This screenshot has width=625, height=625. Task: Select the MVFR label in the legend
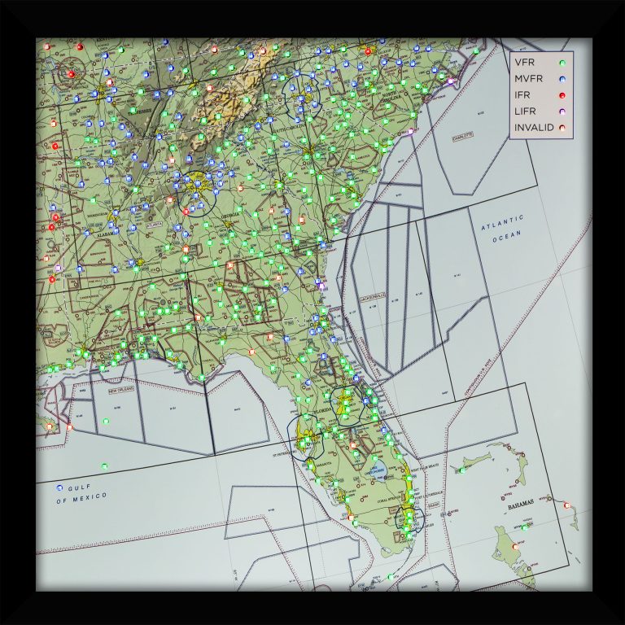[x=528, y=79]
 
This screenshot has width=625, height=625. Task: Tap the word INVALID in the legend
[x=533, y=128]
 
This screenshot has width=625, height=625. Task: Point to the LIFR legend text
[x=525, y=111]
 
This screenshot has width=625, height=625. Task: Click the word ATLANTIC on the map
[x=502, y=220]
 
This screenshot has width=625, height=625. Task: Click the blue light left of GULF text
[x=59, y=487]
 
